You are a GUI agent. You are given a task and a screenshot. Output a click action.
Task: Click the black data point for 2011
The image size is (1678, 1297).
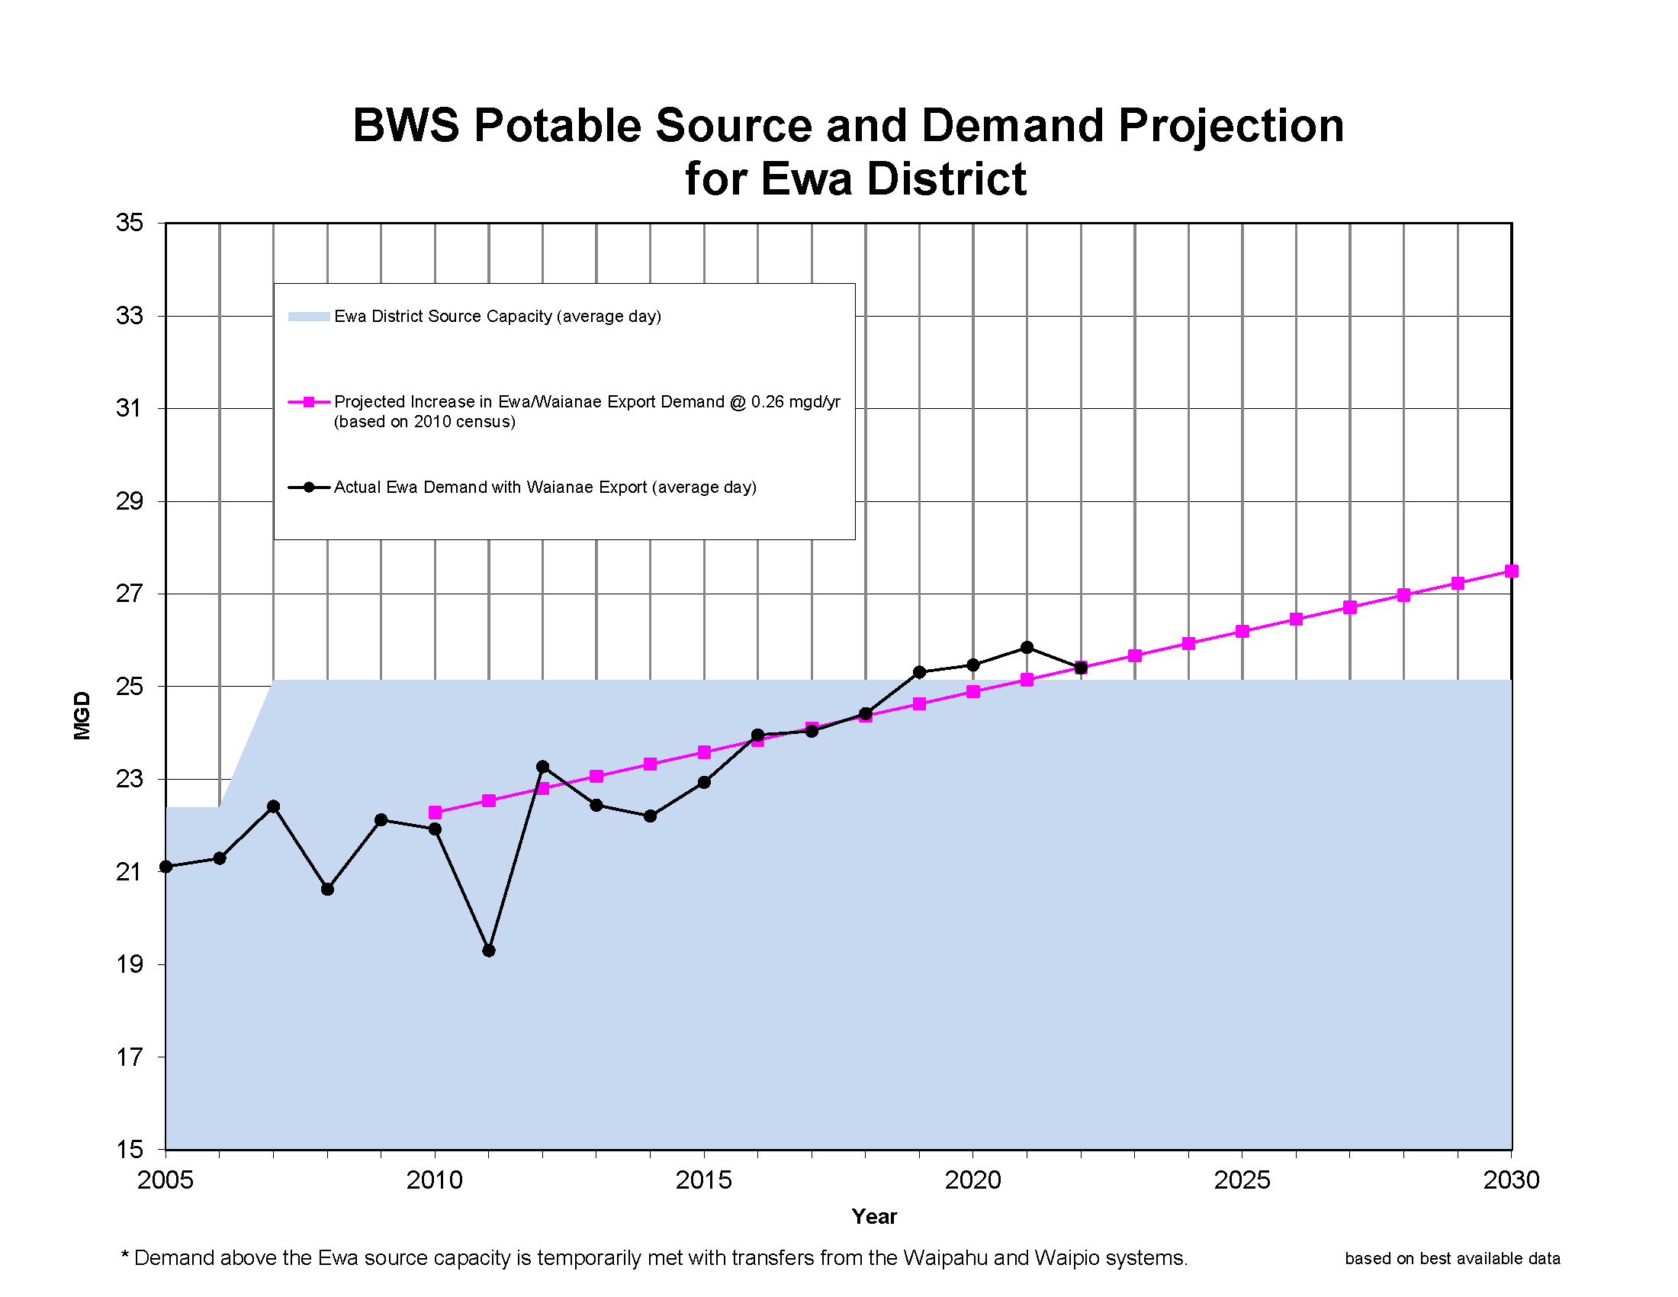pyautogui.click(x=489, y=951)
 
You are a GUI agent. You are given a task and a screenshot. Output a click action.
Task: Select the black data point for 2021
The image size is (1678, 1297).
pyautogui.click(x=1027, y=647)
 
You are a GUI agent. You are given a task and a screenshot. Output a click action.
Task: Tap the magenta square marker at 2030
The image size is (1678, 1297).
pyautogui.click(x=1510, y=571)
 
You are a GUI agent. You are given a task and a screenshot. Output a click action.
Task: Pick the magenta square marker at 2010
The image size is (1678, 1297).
pyautogui.click(x=435, y=813)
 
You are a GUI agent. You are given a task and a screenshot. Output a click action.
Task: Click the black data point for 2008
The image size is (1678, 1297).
pyautogui.click(x=327, y=889)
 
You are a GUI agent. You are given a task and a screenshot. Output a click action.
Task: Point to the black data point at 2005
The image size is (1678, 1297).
pyautogui.click(x=166, y=867)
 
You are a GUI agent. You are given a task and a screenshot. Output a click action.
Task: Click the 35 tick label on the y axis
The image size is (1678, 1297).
pyautogui.click(x=129, y=223)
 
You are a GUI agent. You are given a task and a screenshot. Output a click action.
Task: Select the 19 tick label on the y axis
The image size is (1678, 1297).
pyautogui.click(x=129, y=964)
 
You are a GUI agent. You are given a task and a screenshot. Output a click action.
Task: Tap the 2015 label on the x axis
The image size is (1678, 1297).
pyautogui.click(x=703, y=1180)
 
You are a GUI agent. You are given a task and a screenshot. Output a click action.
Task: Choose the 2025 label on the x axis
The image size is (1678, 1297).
pyautogui.click(x=1242, y=1180)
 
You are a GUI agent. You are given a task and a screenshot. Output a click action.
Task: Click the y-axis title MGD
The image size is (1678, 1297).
pyautogui.click(x=82, y=716)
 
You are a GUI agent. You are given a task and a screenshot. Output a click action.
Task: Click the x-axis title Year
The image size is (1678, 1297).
pyautogui.click(x=873, y=1216)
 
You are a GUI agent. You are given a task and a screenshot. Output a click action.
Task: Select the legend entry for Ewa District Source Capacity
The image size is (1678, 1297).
pyautogui.click(x=497, y=317)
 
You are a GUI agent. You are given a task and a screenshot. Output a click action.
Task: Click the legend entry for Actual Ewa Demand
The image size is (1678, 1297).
pyautogui.click(x=545, y=488)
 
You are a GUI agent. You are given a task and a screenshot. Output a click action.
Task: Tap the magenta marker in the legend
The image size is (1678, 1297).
pyautogui.click(x=308, y=402)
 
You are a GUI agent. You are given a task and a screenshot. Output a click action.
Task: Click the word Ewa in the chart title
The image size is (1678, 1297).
pyautogui.click(x=806, y=180)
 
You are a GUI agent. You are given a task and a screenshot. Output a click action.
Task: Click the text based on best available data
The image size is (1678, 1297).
pyautogui.click(x=1451, y=1259)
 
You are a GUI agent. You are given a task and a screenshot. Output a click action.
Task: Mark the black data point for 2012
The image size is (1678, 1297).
pyautogui.click(x=542, y=767)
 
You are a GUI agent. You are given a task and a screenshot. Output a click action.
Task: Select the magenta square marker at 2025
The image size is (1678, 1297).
pyautogui.click(x=1242, y=631)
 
